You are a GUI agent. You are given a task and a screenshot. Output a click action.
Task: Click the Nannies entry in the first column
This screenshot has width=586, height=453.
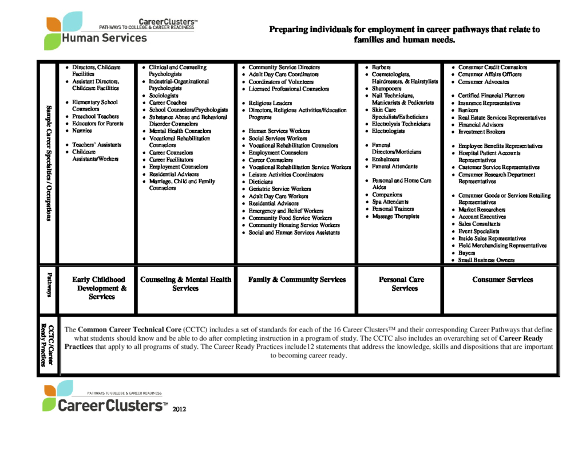click(82, 131)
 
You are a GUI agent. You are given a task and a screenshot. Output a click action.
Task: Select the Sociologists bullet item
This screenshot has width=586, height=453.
click(164, 96)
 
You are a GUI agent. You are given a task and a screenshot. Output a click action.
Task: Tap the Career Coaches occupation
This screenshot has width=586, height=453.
click(168, 103)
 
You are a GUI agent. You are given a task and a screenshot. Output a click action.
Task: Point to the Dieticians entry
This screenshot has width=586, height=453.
click(261, 182)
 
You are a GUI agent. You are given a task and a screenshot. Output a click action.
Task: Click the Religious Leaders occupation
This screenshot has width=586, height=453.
click(270, 103)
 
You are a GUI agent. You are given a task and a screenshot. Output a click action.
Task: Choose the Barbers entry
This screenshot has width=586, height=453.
click(381, 68)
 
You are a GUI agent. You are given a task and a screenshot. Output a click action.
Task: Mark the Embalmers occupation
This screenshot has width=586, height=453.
click(386, 159)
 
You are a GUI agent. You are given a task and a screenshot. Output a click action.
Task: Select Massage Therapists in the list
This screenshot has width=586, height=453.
click(395, 216)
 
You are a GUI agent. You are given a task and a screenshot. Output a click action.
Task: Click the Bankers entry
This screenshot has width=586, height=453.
click(468, 110)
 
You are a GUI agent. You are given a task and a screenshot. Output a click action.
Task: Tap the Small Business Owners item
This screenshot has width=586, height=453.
click(486, 260)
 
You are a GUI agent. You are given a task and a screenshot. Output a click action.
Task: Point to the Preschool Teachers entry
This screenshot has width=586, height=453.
click(96, 116)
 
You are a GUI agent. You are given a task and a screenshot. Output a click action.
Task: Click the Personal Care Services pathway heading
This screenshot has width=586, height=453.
click(402, 284)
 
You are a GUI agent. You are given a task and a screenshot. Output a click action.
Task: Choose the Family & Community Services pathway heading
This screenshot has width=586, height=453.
click(297, 279)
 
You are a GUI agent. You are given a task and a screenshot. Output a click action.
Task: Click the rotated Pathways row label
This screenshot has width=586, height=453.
click(49, 285)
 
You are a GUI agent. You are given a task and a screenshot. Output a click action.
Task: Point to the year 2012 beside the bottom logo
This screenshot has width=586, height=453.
click(179, 409)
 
